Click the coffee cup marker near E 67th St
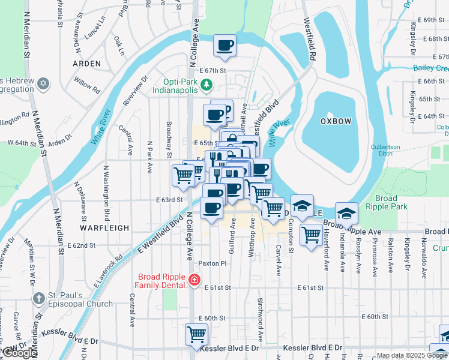(224, 46)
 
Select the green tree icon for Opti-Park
(206, 85)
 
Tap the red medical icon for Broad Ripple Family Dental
(194, 280)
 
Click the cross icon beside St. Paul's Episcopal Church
(38, 298)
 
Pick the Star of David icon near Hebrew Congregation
(43, 83)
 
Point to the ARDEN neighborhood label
(86, 63)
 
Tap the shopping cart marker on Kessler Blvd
(196, 334)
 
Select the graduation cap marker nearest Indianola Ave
(346, 213)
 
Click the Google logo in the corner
(19, 353)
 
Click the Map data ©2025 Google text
(411, 355)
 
